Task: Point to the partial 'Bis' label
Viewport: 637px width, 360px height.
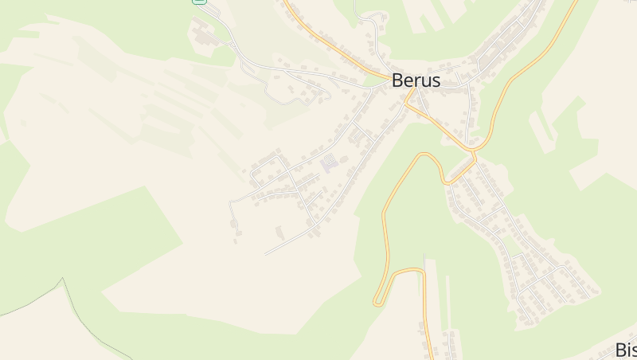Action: tap(626, 350)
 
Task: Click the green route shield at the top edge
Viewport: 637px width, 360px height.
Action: tap(200, 2)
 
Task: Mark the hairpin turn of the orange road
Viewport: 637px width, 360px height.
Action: tap(377, 302)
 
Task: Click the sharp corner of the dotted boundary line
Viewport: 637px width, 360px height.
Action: tap(62, 280)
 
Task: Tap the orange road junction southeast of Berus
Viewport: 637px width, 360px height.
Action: tap(473, 149)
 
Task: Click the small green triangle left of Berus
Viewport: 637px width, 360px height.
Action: tap(374, 80)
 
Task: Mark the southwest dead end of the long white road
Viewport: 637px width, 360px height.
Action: tap(266, 254)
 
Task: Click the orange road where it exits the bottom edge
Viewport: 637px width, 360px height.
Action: tap(430, 357)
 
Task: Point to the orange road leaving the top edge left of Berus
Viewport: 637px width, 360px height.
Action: tap(287, 4)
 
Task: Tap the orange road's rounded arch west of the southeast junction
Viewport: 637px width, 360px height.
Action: tap(430, 155)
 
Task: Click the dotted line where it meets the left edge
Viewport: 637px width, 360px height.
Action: tap(2, 315)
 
